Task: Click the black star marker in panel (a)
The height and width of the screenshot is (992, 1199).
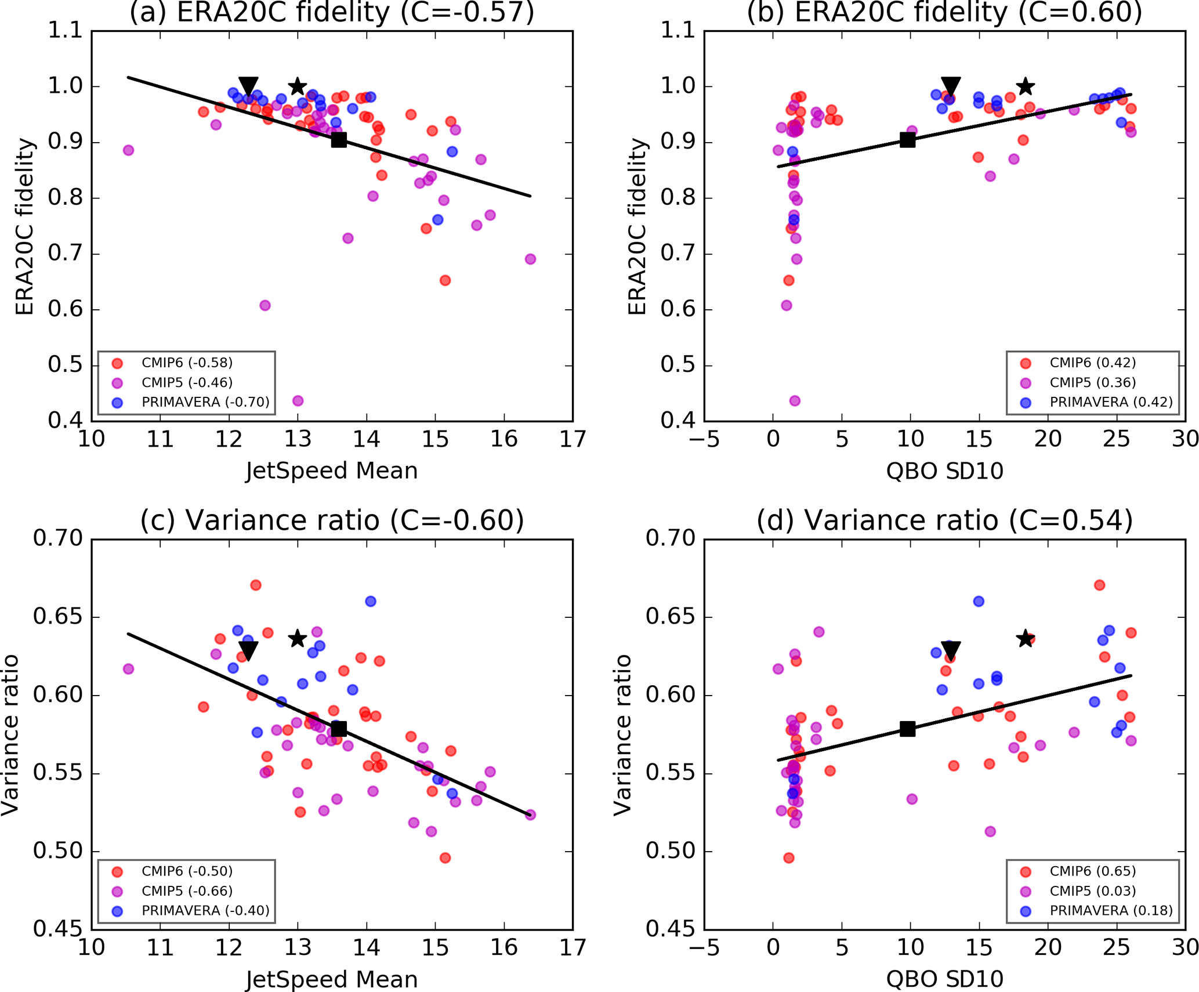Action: [x=298, y=86]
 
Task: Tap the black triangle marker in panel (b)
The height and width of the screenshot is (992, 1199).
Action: [x=951, y=86]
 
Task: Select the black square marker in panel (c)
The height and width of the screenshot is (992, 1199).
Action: [x=339, y=729]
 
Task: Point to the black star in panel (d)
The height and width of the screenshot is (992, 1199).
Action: [x=1026, y=639]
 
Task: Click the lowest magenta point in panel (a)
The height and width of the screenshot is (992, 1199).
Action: [x=298, y=401]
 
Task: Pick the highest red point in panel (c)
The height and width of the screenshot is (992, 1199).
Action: [x=256, y=585]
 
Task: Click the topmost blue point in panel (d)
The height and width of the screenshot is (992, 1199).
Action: [x=979, y=601]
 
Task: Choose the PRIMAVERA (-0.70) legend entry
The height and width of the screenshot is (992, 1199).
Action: [x=205, y=403]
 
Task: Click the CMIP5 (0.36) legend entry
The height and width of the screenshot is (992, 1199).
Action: [x=1092, y=383]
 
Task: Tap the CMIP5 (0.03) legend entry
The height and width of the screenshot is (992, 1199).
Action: [x=1092, y=891]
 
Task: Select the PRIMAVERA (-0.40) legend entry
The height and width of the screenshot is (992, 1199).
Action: [x=205, y=911]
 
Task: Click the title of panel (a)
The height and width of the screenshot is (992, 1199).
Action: [x=332, y=13]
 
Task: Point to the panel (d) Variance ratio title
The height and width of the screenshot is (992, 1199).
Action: [x=944, y=520]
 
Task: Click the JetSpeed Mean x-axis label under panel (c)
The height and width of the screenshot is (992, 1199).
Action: [x=331, y=980]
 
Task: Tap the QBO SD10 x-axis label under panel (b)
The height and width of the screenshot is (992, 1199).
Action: [x=944, y=471]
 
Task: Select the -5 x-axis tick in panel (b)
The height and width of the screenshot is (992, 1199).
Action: [x=704, y=439]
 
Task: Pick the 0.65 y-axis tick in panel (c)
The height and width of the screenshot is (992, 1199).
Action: [x=58, y=616]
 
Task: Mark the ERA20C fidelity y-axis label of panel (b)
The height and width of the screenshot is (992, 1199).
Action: [x=637, y=226]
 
